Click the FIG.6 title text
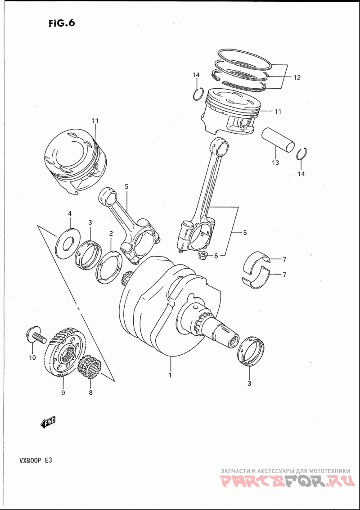pyautogui.click(x=61, y=23)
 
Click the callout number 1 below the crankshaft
pyautogui.click(x=171, y=374)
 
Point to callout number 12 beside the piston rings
pyautogui.click(x=297, y=77)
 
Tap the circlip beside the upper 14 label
pyautogui.click(x=197, y=95)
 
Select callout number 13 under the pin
pyautogui.click(x=274, y=162)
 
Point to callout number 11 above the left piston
pyautogui.click(x=95, y=121)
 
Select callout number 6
pyautogui.click(x=216, y=256)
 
